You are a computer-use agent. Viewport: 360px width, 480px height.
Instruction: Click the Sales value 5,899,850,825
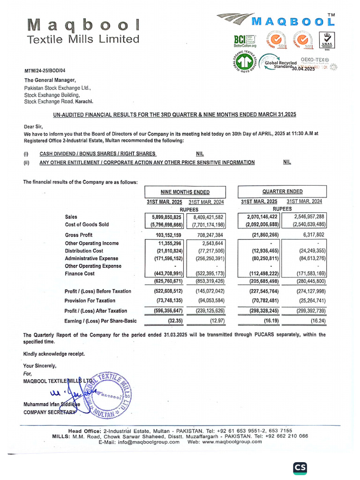[164, 217]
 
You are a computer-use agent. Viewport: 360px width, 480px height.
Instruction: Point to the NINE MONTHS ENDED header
[185, 192]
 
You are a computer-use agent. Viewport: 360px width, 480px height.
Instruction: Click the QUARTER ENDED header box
[282, 191]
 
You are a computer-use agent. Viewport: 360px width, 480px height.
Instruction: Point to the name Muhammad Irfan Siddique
[52, 404]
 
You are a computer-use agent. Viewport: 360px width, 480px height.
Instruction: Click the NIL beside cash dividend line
[200, 154]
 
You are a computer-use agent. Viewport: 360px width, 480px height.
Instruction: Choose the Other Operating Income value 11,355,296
[166, 243]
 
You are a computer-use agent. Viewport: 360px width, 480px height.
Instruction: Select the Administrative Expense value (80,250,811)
[261, 258]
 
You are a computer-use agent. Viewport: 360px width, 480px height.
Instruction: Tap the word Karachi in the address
[83, 101]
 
